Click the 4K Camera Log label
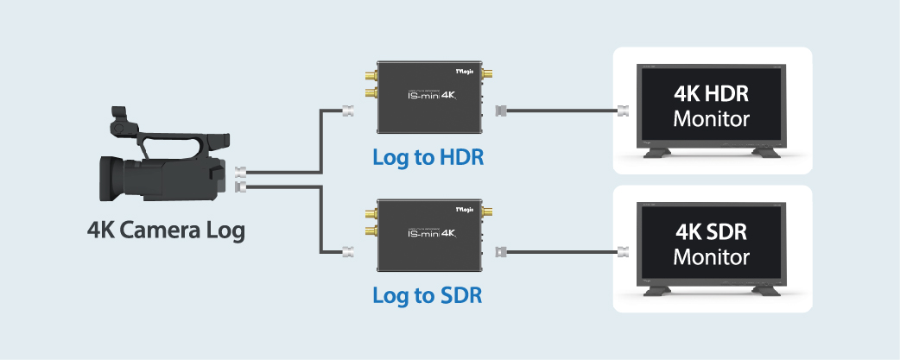[x=165, y=231]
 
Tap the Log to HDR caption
[x=428, y=158]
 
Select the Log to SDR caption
[x=428, y=295]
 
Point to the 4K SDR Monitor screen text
[x=711, y=244]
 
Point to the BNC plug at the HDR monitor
[x=621, y=111]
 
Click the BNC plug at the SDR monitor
[x=621, y=252]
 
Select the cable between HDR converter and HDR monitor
[x=561, y=111]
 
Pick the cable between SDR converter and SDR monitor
[x=561, y=252]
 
